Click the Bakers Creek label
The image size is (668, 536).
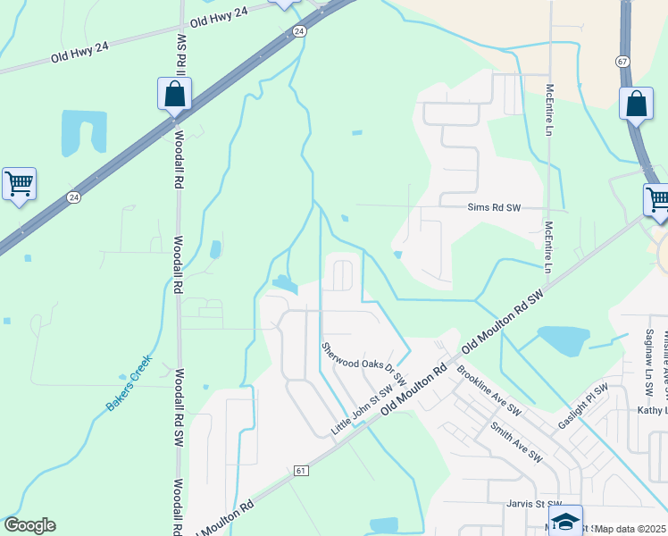130,383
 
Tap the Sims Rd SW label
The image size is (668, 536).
494,208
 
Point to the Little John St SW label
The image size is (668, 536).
363,411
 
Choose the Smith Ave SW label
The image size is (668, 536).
516,441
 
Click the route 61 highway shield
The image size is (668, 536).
301,470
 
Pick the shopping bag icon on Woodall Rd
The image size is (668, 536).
175,94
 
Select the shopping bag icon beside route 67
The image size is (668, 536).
636,103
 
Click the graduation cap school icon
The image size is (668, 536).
565,520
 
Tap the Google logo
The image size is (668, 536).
29,525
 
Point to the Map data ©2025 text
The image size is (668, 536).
631,529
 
